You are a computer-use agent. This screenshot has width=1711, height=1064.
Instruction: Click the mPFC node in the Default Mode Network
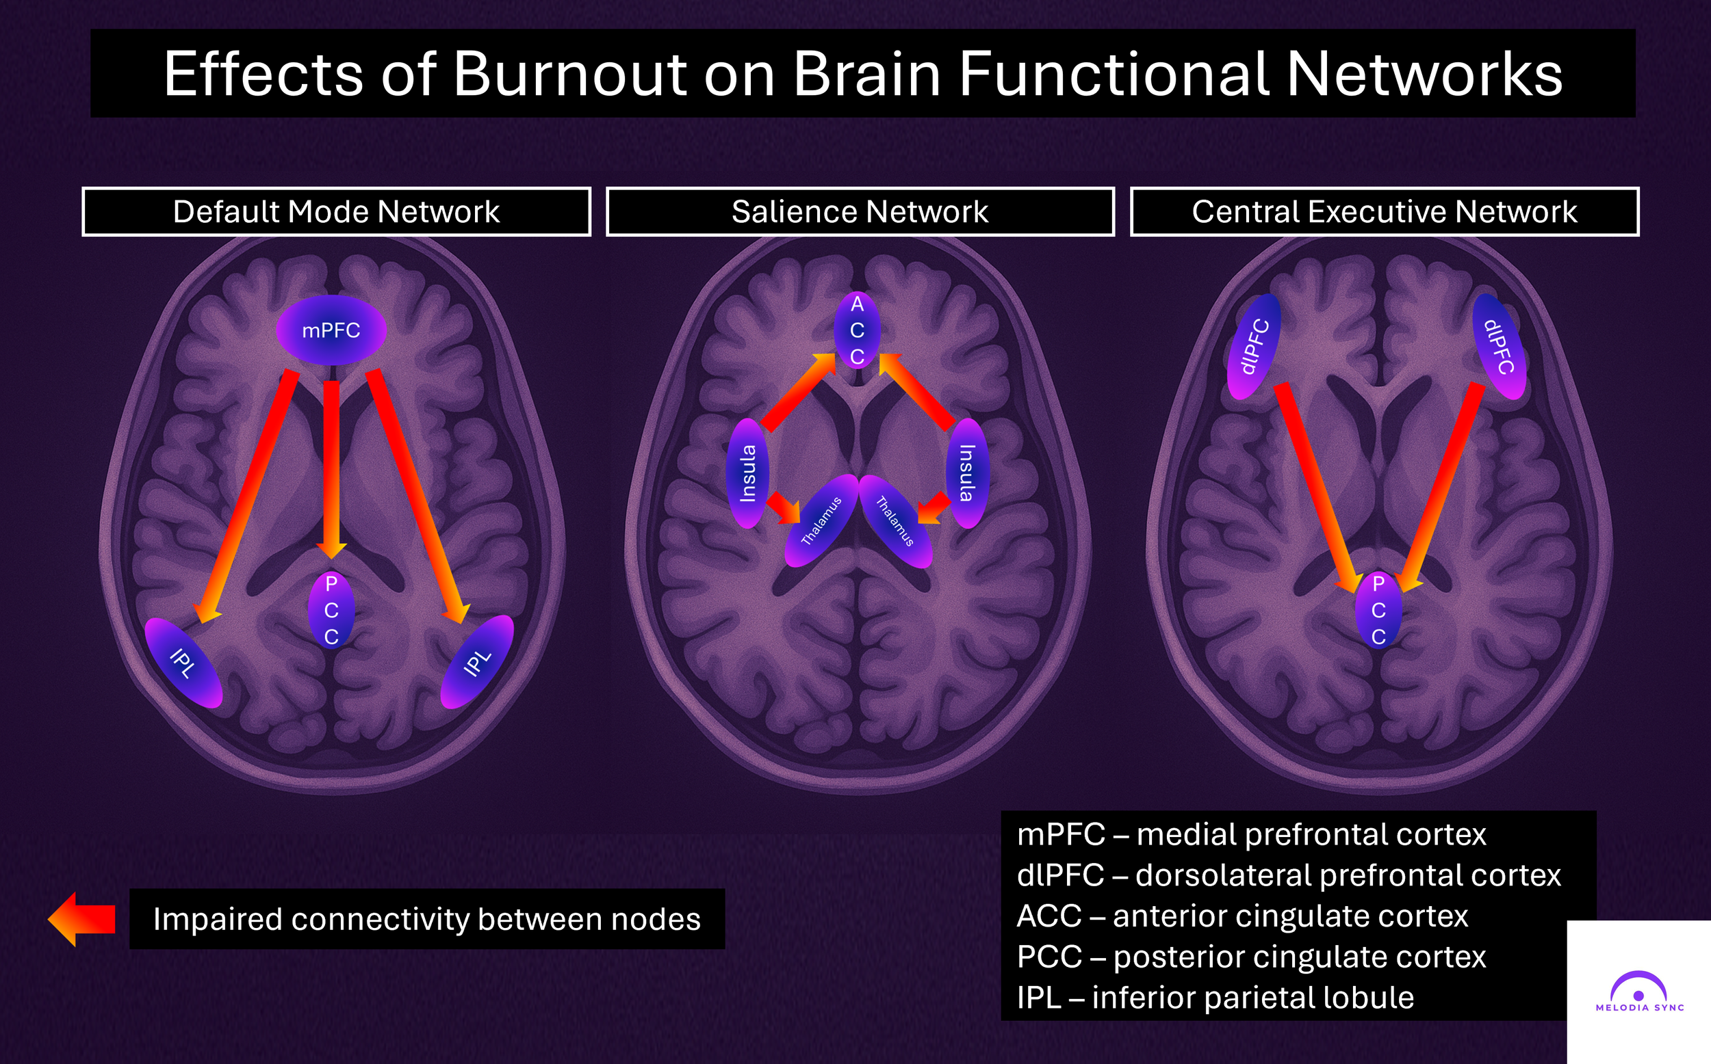(x=331, y=330)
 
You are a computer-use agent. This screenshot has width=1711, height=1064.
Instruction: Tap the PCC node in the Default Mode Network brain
(x=331, y=609)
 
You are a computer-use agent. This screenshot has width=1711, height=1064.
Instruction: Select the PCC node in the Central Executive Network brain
(x=1378, y=609)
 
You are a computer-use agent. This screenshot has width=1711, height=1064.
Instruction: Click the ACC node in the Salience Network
(x=857, y=330)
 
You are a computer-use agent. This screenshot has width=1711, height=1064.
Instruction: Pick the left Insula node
(x=747, y=473)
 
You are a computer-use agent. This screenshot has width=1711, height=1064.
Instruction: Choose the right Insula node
(x=967, y=473)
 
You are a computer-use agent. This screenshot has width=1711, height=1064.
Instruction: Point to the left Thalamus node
(x=821, y=521)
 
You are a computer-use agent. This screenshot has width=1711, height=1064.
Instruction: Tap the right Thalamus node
(x=895, y=521)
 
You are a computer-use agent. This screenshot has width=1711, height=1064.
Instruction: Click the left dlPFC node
(x=1254, y=346)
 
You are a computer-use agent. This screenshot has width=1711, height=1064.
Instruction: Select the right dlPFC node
(x=1500, y=346)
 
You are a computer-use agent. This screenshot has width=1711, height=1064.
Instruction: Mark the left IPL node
(x=183, y=662)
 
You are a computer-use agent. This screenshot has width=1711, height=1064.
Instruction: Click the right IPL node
(x=477, y=662)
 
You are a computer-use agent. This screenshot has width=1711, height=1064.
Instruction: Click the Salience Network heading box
(x=860, y=212)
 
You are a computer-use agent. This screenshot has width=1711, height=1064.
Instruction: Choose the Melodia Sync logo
(x=1639, y=992)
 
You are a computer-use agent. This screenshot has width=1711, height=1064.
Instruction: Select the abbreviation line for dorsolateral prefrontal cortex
(x=1289, y=875)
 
